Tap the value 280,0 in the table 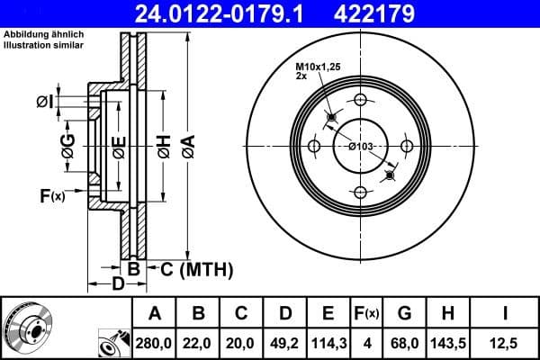click(154, 342)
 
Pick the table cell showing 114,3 click(328, 342)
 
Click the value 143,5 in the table click(446, 342)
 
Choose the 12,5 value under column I click(504, 342)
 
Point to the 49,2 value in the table click(283, 342)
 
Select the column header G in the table click(404, 313)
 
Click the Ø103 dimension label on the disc click(361, 147)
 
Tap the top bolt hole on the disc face click(360, 100)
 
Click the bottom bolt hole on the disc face click(360, 192)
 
